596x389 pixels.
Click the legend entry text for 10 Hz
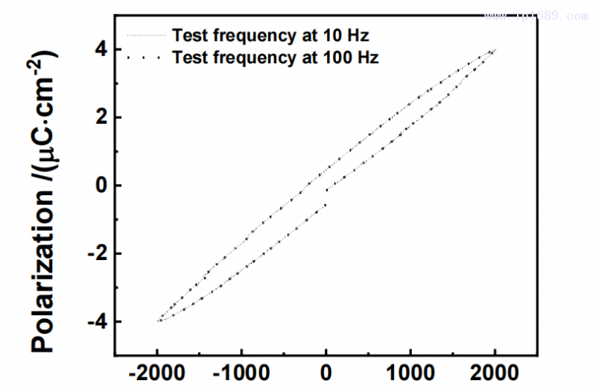point(270,34)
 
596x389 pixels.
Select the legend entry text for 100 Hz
point(274,57)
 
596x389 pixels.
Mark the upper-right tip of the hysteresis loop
point(494,50)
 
